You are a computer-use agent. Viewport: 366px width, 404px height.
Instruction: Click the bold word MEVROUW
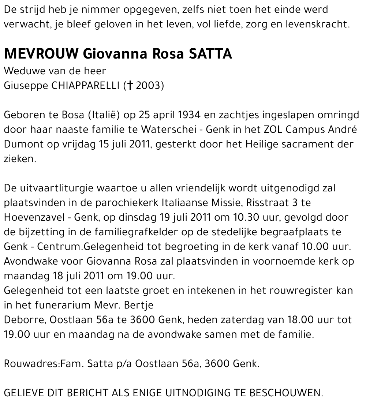pos(41,54)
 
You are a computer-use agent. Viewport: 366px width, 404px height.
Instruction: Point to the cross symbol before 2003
pos(130,86)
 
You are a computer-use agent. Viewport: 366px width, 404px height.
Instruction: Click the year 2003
pos(148,86)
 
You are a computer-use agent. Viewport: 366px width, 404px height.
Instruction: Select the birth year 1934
pos(186,115)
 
